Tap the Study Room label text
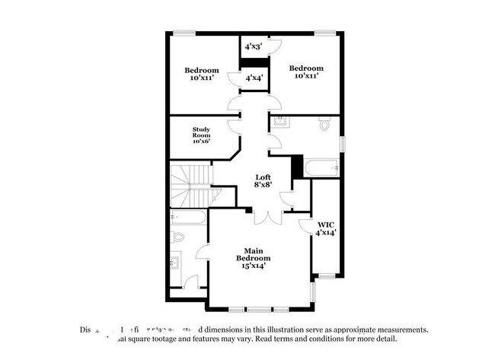coord(201,135)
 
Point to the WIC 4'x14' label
coord(326,228)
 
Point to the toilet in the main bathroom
coord(177,237)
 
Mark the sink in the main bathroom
coord(177,263)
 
